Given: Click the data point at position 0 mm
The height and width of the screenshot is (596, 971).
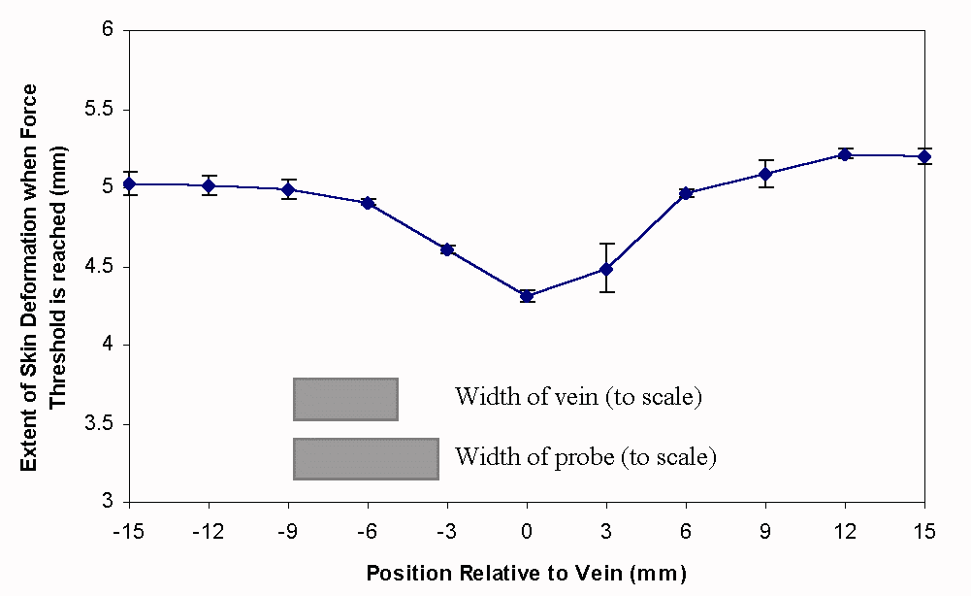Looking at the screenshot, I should [527, 296].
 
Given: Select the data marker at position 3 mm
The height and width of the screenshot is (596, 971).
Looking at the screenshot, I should [606, 269].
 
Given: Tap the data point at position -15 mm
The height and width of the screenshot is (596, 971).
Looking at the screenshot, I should [129, 183].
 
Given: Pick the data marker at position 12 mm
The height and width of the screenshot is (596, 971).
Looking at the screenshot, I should [845, 154].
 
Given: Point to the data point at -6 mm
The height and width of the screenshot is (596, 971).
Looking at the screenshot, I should [368, 203].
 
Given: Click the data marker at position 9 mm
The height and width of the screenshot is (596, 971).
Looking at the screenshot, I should [765, 174].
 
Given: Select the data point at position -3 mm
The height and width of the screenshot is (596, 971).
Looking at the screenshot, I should [447, 249].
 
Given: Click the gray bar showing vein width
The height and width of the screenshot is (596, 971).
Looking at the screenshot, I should [345, 399].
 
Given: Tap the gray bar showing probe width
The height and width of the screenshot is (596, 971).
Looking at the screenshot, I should [366, 458].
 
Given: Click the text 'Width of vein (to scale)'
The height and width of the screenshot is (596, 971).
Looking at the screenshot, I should [578, 397].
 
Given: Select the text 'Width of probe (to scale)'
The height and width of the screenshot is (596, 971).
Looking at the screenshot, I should [586, 456].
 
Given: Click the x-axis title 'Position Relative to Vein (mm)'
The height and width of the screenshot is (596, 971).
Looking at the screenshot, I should [526, 573].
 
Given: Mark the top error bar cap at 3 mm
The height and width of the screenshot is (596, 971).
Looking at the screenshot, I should [606, 244].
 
